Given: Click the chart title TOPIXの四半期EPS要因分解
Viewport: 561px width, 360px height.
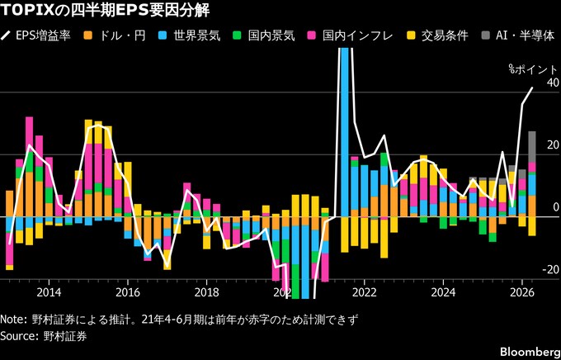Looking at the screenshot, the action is pos(106,11).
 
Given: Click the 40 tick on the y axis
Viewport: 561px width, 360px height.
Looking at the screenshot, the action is pos(551,83).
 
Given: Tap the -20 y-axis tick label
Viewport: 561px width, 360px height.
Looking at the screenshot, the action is pos(549,270).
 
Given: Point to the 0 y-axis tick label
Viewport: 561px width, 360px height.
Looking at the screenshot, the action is pos(555,207).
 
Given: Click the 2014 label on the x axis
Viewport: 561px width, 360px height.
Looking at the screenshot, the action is pos(49,292).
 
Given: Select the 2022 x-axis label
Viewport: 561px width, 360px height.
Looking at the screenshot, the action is pos(364,292).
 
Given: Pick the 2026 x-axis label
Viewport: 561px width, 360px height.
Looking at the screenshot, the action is pos(522,292).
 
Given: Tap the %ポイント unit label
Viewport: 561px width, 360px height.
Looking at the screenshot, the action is pos(533,69).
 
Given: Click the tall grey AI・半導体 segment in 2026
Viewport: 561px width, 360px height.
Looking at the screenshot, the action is pos(532,147).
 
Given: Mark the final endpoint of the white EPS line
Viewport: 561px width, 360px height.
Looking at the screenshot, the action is pos(532,88).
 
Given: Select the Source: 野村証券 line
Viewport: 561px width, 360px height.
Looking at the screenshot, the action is pos(44,336).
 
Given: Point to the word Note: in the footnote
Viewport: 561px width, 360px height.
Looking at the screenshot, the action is pos(14,320).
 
